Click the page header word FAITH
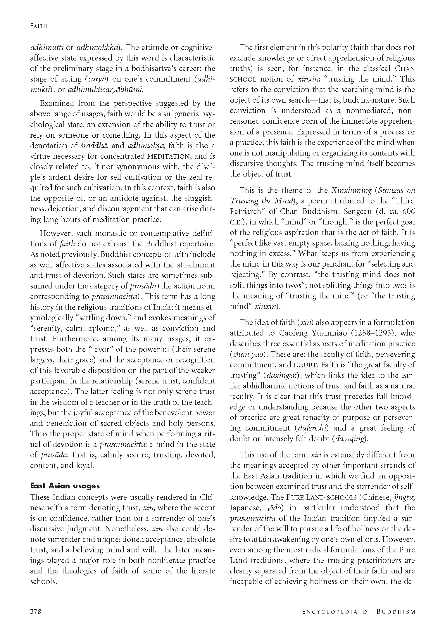[x=39, y=26]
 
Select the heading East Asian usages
[x=65, y=486]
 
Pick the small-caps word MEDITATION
[x=169, y=156]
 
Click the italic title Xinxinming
[x=351, y=190]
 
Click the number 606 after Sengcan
[x=408, y=211]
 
